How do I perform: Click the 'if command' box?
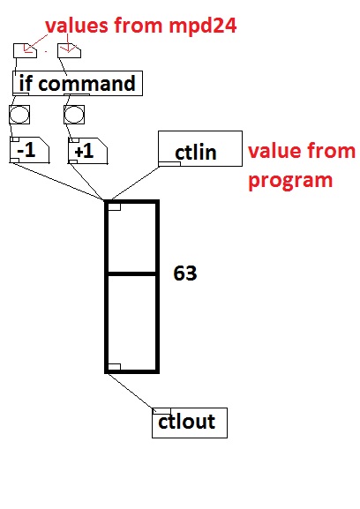78,83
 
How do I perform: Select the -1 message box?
29,150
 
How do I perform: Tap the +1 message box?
87,151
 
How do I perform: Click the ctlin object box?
200,149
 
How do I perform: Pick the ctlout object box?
190,423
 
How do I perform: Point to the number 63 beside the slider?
185,273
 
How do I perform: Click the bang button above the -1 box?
19,115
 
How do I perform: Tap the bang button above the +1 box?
74,115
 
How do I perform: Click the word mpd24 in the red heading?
202,26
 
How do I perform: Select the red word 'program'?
290,181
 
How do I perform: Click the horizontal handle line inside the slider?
131,274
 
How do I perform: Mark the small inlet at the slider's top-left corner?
114,206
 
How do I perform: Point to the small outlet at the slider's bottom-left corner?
114,367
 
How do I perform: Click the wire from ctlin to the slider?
135,183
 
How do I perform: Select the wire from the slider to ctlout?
130,391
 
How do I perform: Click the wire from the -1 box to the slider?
56,181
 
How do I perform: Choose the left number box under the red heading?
25,50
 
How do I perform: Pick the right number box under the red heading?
69,50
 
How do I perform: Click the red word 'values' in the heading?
77,26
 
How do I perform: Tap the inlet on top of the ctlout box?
161,411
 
